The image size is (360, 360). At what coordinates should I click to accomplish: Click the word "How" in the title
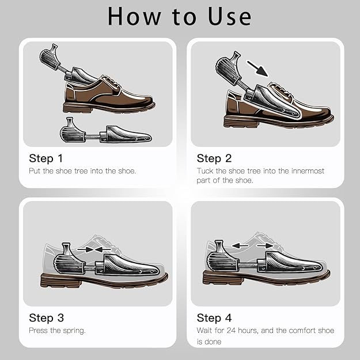pyautogui.click(x=134, y=16)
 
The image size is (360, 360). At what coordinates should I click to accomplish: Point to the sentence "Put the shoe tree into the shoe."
pyautogui.click(x=82, y=171)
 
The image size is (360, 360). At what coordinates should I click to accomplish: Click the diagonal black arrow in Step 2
pyautogui.click(x=260, y=69)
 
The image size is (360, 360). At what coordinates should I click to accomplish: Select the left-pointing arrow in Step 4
pyautogui.click(x=241, y=245)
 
